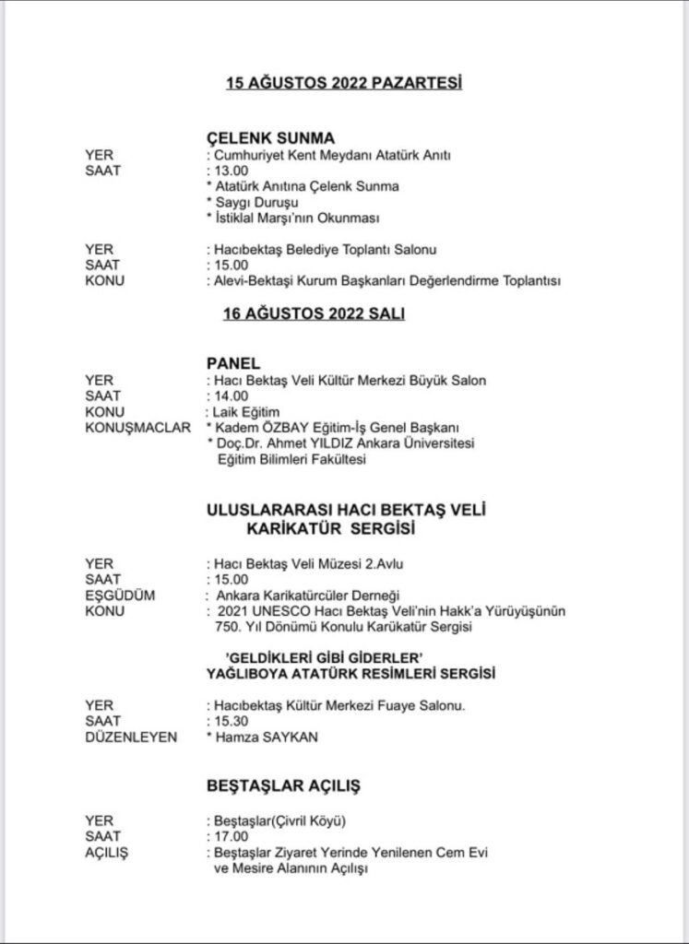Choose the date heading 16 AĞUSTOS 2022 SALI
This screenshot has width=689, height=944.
314,313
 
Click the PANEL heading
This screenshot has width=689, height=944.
230,363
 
